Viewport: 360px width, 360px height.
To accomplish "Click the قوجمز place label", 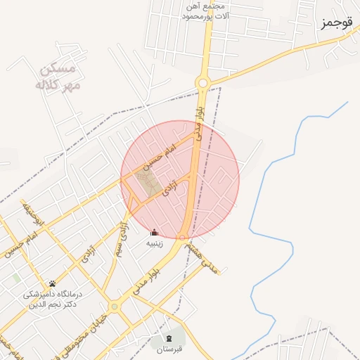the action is point(336,23).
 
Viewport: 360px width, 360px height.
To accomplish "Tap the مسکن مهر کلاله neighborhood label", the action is point(58,77).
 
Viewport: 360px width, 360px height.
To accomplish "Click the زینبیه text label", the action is point(154,244).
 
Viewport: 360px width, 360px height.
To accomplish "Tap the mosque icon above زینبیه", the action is point(155,233).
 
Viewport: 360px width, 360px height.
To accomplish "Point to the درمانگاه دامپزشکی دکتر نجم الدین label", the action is point(53,300).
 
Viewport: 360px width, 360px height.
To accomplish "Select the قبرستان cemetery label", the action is point(169,349).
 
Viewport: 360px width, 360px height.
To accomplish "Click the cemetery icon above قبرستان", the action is point(169,338).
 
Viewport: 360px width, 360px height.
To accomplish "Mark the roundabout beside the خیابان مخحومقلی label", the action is point(114,307).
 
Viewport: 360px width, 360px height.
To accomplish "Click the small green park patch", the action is point(16,278).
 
